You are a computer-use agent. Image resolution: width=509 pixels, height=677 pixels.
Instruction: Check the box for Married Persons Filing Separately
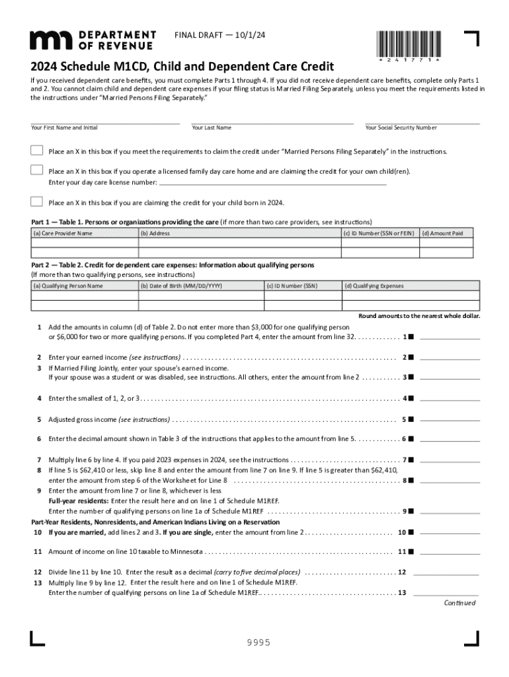pos(37,151)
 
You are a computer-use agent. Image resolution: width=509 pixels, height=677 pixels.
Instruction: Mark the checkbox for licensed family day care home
pos(37,171)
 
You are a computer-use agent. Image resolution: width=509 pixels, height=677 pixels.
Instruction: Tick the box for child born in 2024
pos(37,202)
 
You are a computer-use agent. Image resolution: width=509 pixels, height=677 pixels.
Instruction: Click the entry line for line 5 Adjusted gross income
pos(450,418)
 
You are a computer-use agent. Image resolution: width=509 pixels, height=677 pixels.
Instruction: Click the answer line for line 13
pos(445,592)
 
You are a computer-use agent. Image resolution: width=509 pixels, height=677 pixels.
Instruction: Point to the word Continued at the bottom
pos(459,603)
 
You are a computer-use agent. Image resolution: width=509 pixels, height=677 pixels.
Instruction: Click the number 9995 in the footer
pos(255,643)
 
